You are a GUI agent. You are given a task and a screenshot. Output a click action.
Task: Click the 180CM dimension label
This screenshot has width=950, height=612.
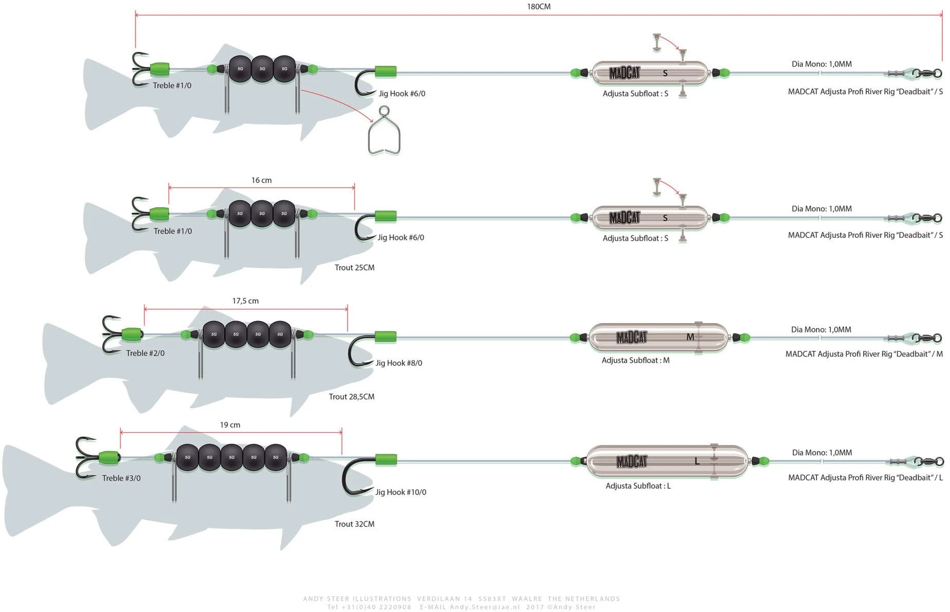click(x=538, y=7)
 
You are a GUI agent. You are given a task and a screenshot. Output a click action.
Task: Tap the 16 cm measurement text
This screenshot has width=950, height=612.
click(x=261, y=180)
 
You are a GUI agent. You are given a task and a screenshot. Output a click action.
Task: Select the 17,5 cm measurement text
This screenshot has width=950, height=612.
click(x=245, y=301)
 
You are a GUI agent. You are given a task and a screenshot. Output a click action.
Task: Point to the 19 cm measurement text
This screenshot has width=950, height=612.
click(x=230, y=425)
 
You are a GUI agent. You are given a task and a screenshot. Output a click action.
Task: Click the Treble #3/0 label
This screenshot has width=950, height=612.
click(x=121, y=478)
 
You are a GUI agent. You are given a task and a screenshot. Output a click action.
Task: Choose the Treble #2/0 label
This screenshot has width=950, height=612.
click(x=145, y=354)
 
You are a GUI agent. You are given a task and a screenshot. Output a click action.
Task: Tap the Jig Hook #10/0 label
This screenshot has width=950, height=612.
click(x=401, y=492)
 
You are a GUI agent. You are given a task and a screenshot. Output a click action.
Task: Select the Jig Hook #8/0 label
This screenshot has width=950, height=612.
click(x=398, y=363)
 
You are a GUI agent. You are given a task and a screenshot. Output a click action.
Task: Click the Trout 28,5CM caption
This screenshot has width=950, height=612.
click(x=351, y=397)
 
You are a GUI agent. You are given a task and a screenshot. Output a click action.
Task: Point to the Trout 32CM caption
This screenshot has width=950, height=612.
click(x=354, y=524)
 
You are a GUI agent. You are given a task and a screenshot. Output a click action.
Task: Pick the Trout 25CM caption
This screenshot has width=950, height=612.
click(x=354, y=268)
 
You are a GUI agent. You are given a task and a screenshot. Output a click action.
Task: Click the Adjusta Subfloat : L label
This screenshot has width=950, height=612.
click(x=638, y=486)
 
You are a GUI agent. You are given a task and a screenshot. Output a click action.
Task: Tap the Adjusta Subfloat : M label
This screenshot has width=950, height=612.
click(x=635, y=361)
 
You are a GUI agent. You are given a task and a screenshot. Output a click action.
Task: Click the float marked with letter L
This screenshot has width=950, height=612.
click(x=667, y=461)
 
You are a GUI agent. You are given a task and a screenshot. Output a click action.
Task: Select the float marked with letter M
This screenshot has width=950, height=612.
click(x=658, y=338)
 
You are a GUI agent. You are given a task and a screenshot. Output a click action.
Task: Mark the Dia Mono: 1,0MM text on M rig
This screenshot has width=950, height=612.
click(x=821, y=330)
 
